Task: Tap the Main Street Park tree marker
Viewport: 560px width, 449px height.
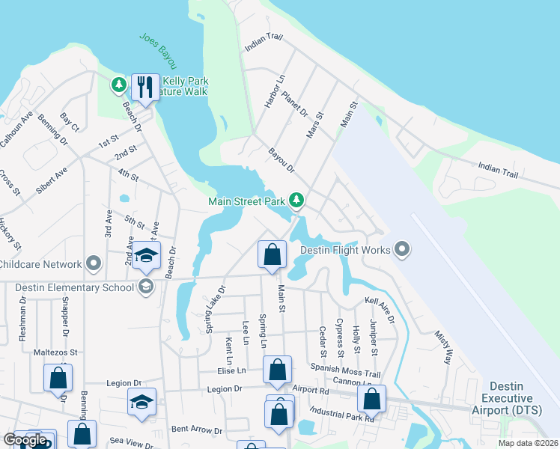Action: pyautogui.click(x=297, y=199)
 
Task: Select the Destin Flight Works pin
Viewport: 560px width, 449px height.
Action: pyautogui.click(x=402, y=249)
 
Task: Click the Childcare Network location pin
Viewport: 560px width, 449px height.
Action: pyautogui.click(x=94, y=263)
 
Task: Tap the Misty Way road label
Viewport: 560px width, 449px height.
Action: pyautogui.click(x=444, y=344)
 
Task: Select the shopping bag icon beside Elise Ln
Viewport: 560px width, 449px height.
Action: pyautogui.click(x=277, y=370)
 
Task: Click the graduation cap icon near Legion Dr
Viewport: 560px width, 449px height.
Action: pyautogui.click(x=141, y=402)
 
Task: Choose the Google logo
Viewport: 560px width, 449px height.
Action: pyautogui.click(x=25, y=440)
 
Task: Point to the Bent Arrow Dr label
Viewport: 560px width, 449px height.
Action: pyautogui.click(x=197, y=430)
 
